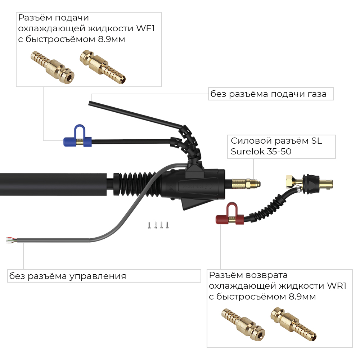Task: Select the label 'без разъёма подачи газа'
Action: pyautogui.click(x=269, y=94)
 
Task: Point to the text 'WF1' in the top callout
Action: pyautogui.click(x=145, y=28)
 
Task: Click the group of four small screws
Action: pyautogui.click(x=158, y=225)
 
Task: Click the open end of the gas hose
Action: pyautogui.click(x=90, y=103)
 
